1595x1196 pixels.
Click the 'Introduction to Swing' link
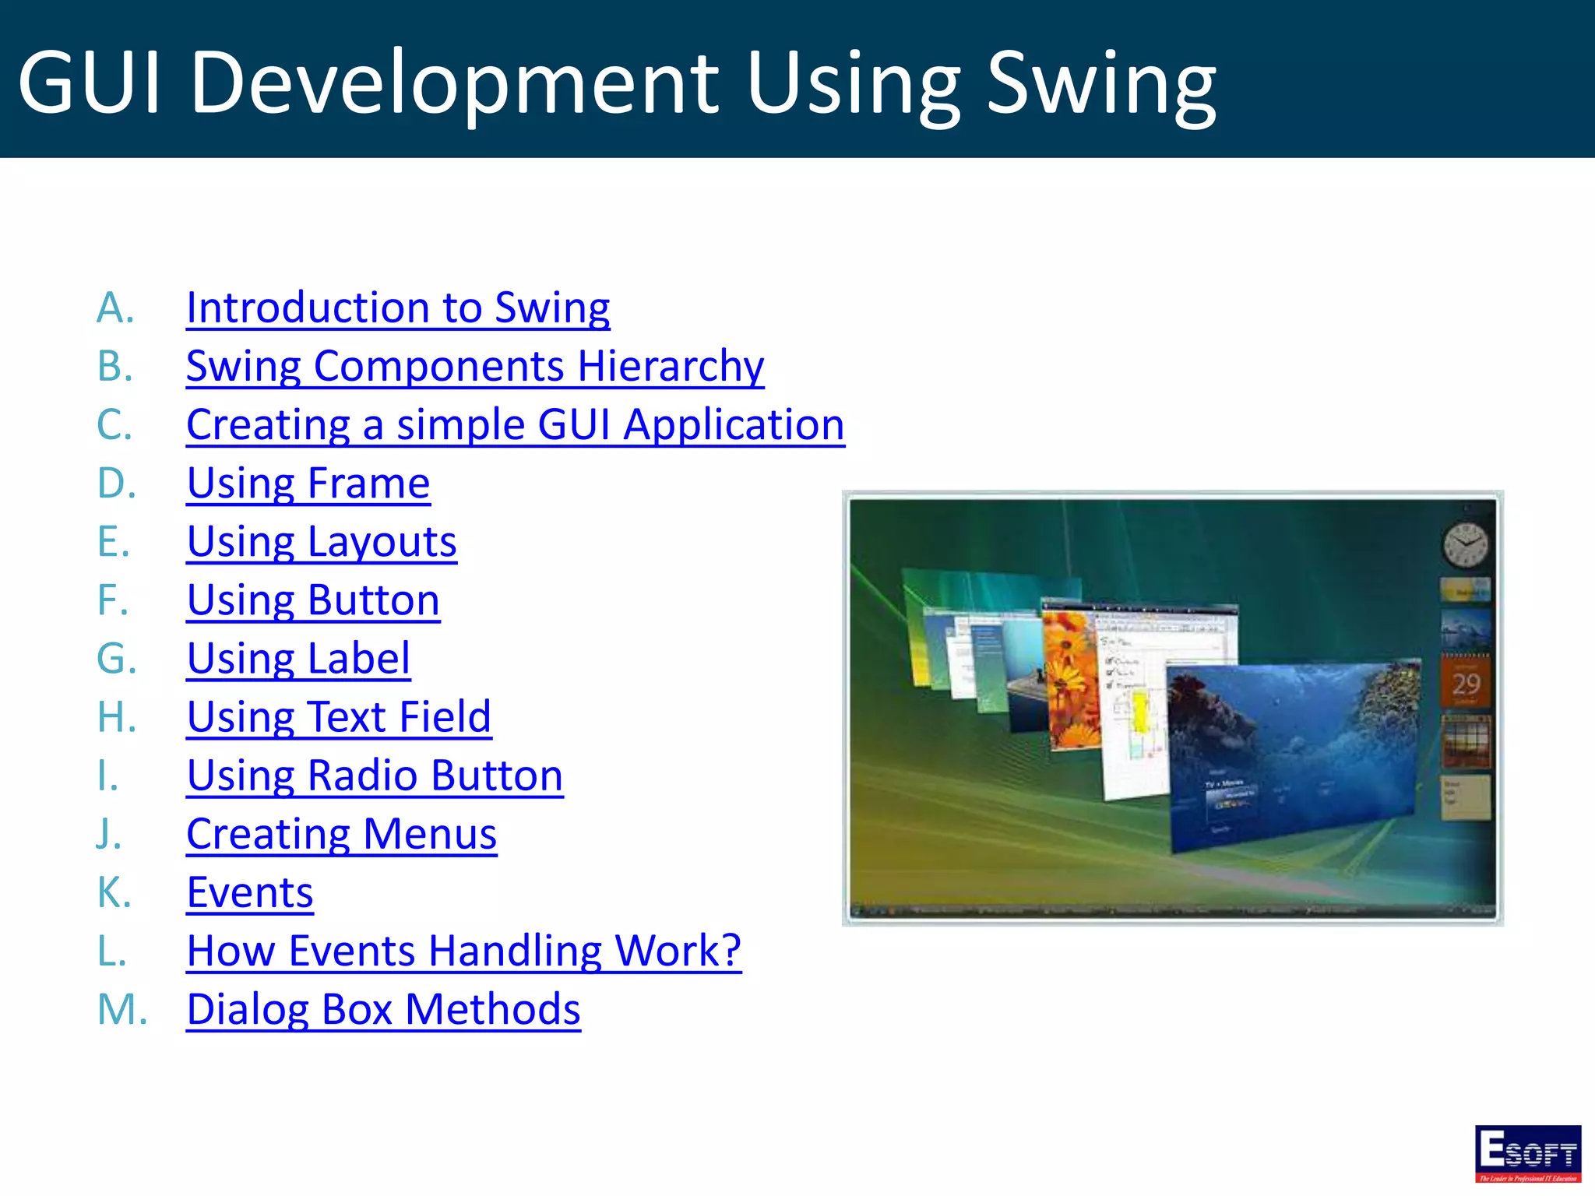click(398, 308)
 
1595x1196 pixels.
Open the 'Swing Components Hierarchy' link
click(475, 366)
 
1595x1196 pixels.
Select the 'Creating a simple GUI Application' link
click(515, 425)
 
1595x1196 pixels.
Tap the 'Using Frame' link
click(308, 484)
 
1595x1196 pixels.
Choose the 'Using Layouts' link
click(322, 542)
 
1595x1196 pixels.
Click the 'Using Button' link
click(313, 600)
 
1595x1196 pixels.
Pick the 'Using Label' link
click(298, 659)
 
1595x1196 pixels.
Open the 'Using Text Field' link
click(339, 717)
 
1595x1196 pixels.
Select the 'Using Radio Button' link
click(375, 776)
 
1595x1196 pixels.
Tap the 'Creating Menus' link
click(341, 834)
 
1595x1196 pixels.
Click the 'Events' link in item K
click(250, 892)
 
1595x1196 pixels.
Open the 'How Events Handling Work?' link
click(463, 951)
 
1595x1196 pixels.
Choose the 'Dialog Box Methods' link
click(383, 1010)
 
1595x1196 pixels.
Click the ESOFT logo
click(1527, 1152)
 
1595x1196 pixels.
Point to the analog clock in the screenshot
click(1465, 545)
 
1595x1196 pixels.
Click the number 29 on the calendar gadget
click(1466, 684)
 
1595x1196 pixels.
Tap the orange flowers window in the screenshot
click(1071, 677)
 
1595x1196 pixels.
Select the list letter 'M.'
click(121, 1010)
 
